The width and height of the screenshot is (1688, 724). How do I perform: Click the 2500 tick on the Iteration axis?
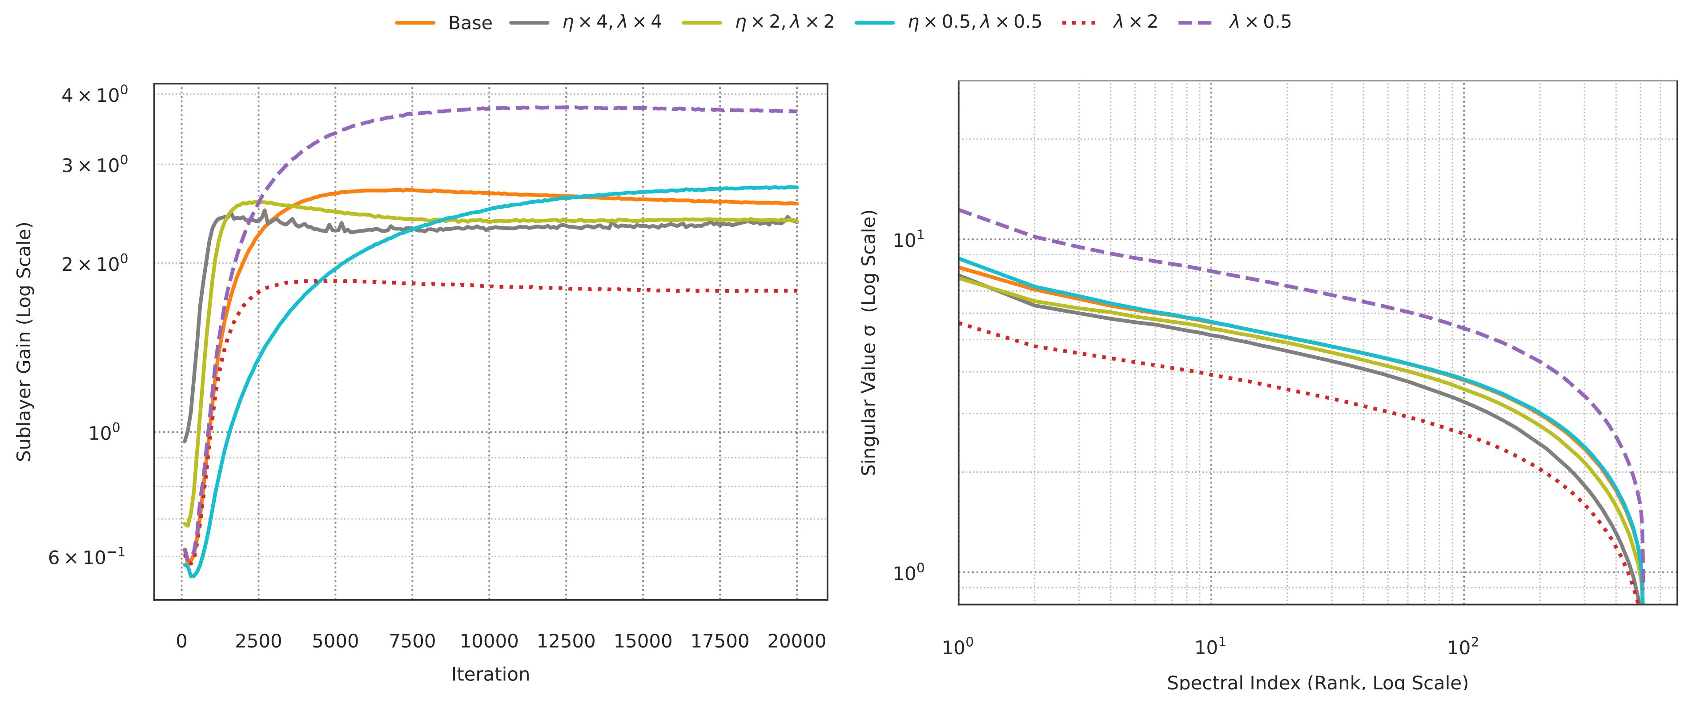pyautogui.click(x=258, y=641)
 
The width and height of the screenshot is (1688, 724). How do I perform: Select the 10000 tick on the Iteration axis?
pyautogui.click(x=489, y=641)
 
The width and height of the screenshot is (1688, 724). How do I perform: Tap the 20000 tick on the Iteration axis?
pyautogui.click(x=797, y=641)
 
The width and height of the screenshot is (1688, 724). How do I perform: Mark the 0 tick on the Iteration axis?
pyautogui.click(x=181, y=641)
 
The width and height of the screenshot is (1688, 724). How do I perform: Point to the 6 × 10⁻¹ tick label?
pyautogui.click(x=87, y=558)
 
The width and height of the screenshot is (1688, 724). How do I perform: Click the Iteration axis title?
pyautogui.click(x=490, y=674)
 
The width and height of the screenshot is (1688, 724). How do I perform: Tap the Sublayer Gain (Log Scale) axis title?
pyautogui.click(x=24, y=342)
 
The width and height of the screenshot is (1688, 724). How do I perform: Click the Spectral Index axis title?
pyautogui.click(x=1317, y=683)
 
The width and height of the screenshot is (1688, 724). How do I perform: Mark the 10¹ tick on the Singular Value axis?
pyautogui.click(x=908, y=240)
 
